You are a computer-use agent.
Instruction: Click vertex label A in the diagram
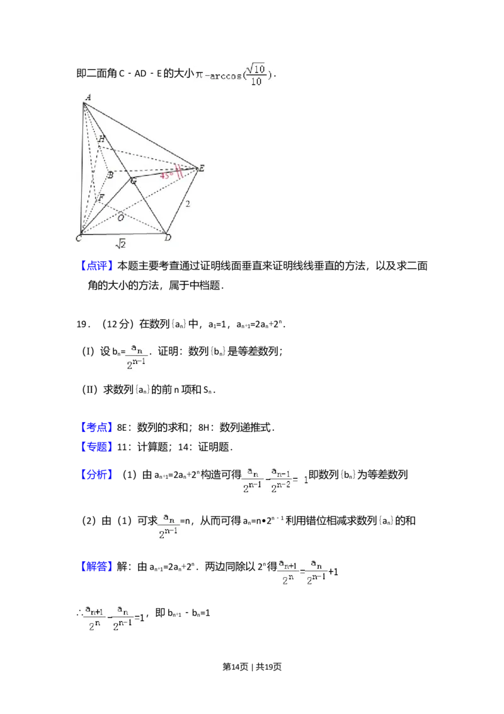point(88,97)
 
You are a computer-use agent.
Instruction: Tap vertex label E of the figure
point(202,168)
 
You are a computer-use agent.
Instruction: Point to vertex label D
point(168,238)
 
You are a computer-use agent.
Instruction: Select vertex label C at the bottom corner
point(79,238)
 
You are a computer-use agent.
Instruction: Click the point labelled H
point(101,139)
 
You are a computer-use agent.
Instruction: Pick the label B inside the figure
point(110,175)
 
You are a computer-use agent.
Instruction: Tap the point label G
point(133,182)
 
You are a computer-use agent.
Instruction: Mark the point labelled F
point(100,198)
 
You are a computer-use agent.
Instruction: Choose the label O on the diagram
point(120,218)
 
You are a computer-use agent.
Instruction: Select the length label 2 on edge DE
point(187,204)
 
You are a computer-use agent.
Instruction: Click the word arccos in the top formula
point(227,76)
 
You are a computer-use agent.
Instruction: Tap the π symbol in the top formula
point(199,75)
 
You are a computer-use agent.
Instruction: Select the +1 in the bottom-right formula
point(334,573)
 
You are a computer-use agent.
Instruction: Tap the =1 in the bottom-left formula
point(140,618)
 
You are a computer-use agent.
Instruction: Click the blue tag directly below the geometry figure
point(98,266)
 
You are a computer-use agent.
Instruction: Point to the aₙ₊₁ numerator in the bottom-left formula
point(94,610)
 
